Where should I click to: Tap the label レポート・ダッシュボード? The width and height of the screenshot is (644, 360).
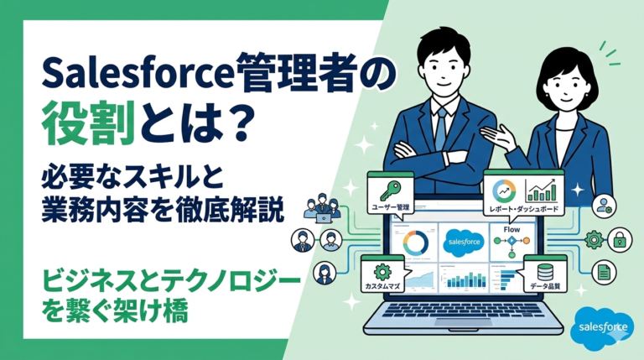[525, 207]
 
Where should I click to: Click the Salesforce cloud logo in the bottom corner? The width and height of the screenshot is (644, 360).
[601, 328]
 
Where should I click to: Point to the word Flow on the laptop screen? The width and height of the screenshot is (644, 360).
[512, 228]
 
